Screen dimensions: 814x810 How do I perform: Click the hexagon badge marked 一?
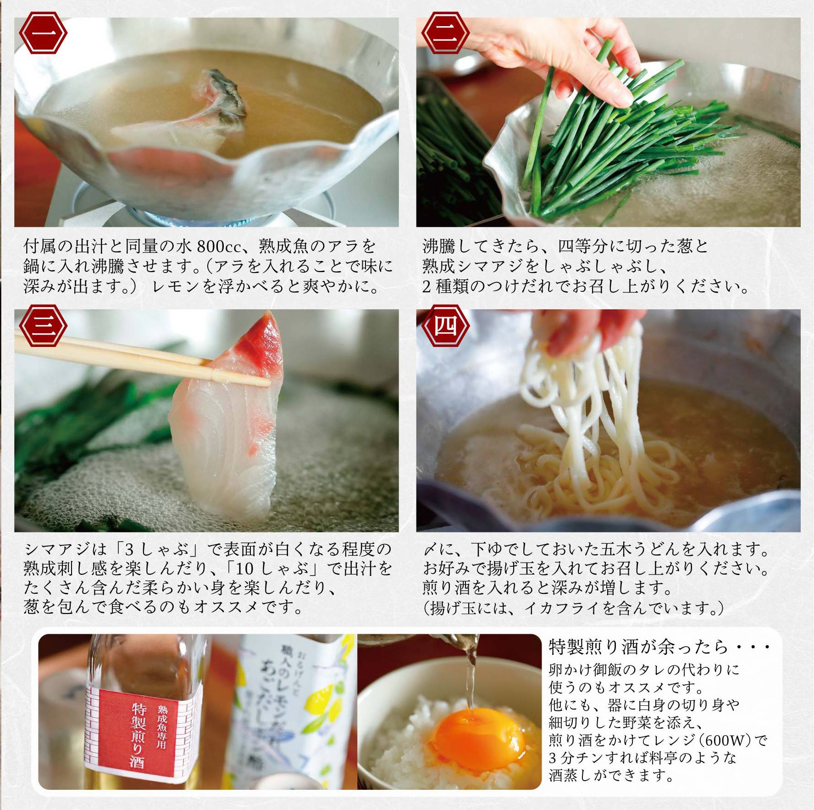click(x=43, y=33)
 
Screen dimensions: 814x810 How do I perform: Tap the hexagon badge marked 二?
click(x=445, y=33)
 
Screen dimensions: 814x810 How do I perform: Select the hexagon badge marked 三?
click(x=43, y=325)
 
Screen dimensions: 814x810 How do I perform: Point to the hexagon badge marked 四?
click(x=445, y=325)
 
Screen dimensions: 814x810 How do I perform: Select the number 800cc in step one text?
click(x=219, y=246)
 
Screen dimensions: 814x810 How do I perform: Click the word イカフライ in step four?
click(x=562, y=608)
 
